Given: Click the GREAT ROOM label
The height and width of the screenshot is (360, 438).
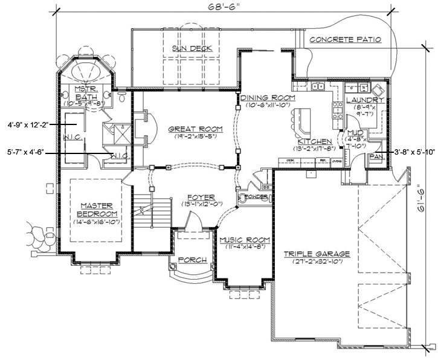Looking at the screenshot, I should click(x=195, y=129).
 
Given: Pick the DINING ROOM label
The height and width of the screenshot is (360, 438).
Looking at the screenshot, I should click(x=267, y=97).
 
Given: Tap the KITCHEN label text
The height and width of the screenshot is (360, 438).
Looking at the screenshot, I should click(x=312, y=141).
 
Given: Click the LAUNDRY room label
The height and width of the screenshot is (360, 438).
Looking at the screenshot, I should click(x=365, y=100).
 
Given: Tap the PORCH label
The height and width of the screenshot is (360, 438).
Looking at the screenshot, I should click(x=192, y=260).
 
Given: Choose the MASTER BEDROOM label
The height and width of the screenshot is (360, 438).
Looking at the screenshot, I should click(x=97, y=210).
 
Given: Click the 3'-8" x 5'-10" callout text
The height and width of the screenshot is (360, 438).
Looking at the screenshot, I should click(x=414, y=153).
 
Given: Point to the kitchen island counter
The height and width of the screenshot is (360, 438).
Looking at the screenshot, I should click(x=300, y=121).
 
